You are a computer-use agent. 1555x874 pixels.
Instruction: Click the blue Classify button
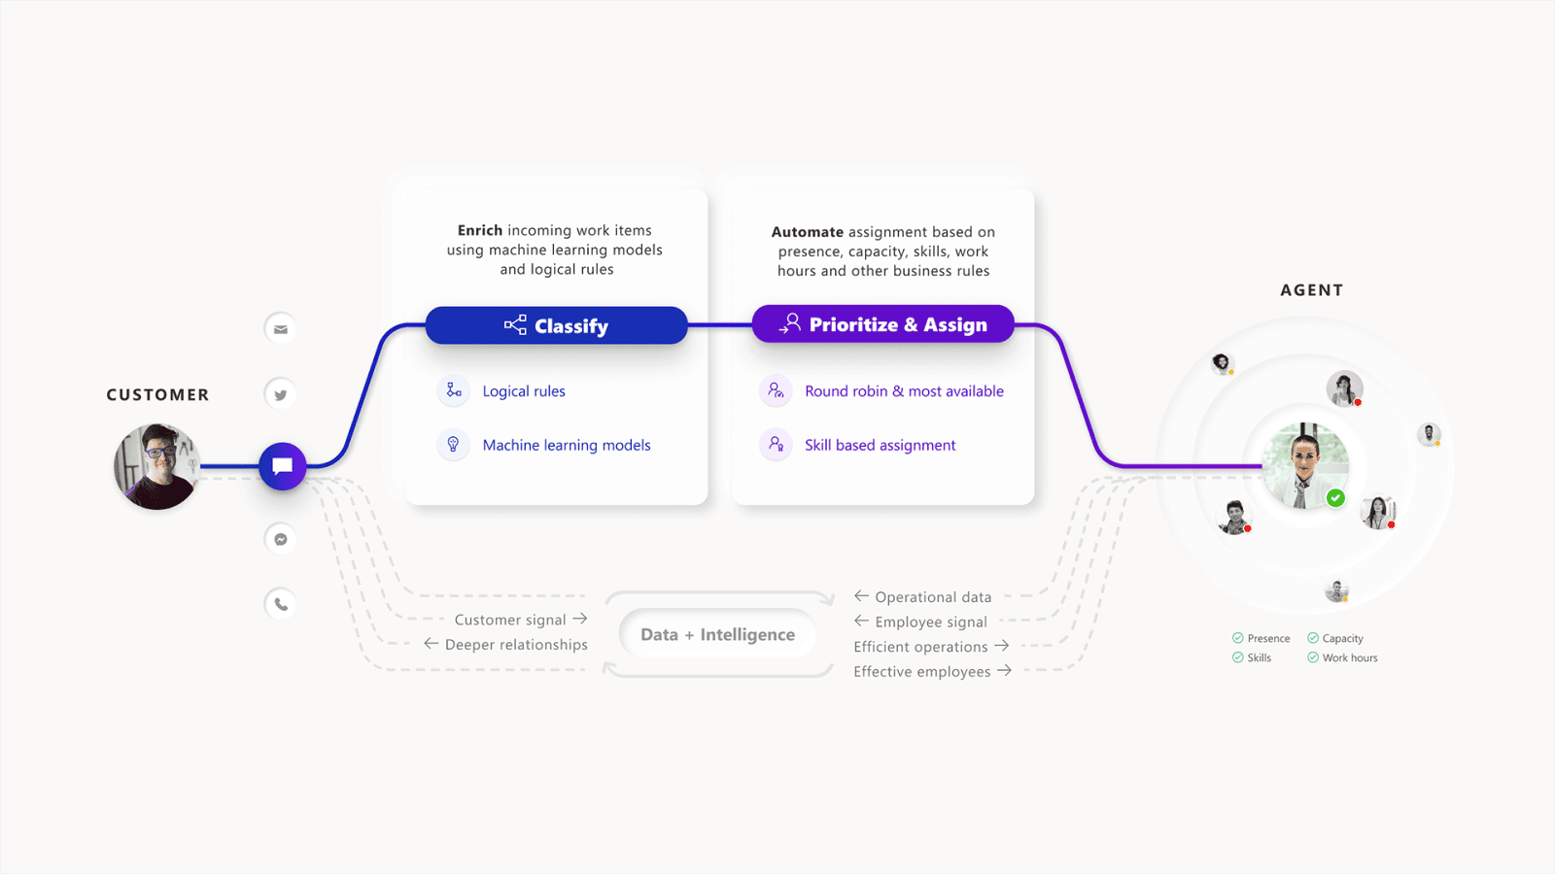click(556, 325)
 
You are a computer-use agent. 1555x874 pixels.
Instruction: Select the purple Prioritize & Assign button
click(883, 324)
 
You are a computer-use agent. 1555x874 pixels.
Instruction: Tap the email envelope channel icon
click(281, 329)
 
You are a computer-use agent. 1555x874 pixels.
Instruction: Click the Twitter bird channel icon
click(281, 395)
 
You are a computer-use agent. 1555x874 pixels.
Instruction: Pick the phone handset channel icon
click(281, 604)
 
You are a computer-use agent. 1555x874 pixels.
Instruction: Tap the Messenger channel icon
click(281, 539)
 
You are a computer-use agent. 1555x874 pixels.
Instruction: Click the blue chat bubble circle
click(283, 466)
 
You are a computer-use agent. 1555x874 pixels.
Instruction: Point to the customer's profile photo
click(156, 467)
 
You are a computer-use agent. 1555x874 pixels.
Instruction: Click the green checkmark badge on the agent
click(1335, 498)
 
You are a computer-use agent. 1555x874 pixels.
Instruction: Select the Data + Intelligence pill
click(718, 635)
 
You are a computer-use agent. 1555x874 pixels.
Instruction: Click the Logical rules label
click(524, 391)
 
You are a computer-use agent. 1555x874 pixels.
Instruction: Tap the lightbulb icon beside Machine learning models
click(453, 445)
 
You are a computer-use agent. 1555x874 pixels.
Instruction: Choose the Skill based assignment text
click(881, 446)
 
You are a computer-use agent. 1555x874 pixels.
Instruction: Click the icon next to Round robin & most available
click(777, 391)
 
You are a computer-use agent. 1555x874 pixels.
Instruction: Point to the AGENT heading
click(1312, 290)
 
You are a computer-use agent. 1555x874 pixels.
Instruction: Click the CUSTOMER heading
click(157, 394)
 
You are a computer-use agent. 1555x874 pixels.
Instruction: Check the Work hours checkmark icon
click(1313, 657)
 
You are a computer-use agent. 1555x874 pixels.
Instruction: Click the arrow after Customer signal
click(580, 618)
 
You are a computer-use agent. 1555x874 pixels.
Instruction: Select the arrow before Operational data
click(861, 596)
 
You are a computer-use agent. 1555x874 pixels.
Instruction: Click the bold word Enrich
click(480, 230)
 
